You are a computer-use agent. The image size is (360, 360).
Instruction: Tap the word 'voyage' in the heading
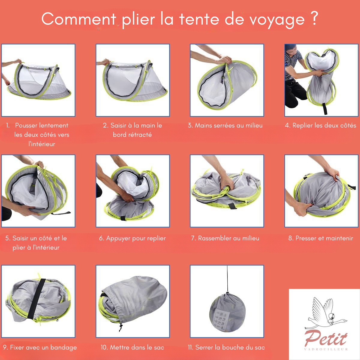(x=277, y=20)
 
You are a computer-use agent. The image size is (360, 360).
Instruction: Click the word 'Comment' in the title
(x=79, y=19)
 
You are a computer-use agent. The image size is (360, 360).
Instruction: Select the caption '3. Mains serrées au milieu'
(x=225, y=125)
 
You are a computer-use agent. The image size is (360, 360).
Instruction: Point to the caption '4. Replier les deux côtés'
(x=321, y=125)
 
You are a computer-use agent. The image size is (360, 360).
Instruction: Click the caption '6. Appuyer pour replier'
(x=133, y=238)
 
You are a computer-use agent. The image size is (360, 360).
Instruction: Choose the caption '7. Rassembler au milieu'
(x=225, y=238)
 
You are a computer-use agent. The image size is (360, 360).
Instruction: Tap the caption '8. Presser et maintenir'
(x=321, y=238)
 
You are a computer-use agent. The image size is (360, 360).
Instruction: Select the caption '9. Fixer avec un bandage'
(x=40, y=347)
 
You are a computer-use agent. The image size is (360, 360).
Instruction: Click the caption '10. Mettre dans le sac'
(x=133, y=347)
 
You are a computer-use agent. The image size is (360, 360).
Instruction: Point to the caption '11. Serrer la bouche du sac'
(x=226, y=347)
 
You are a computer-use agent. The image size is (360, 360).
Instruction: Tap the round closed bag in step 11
(x=227, y=313)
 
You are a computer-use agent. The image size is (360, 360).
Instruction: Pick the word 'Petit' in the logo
(x=326, y=338)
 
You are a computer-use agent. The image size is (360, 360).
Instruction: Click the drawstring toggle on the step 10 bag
(x=121, y=327)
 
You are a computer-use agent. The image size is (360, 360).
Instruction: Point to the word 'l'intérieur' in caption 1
(x=42, y=144)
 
